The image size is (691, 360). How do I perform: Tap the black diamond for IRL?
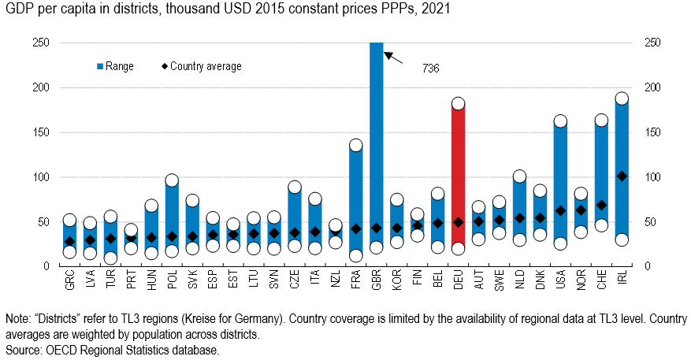point(622,176)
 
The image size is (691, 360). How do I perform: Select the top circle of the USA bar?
point(560,121)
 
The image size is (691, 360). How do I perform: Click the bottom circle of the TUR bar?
point(110,258)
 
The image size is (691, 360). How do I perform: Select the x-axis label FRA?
point(355,283)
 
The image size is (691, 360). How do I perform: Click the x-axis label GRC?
point(69,283)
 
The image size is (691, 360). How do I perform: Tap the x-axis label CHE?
point(601,283)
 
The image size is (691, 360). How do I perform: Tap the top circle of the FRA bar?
point(355,145)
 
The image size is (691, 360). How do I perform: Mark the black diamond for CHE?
point(601,205)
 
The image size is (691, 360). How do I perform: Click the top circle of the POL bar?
point(172,180)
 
